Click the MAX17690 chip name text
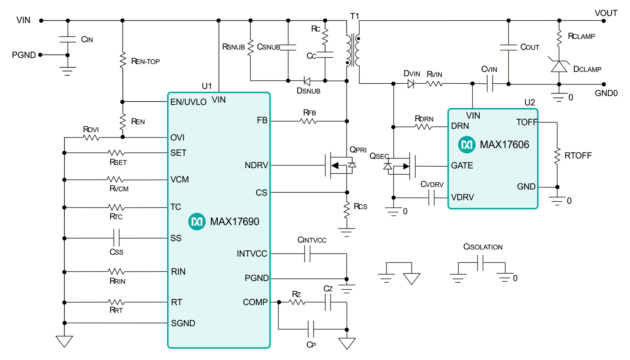point(234,222)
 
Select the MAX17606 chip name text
point(504,144)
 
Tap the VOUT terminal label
point(606,13)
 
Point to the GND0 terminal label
point(606,93)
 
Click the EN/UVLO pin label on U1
point(188,102)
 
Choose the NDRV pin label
point(256,165)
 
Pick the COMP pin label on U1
point(255,302)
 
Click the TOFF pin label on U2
point(527,122)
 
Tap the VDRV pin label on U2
point(462,197)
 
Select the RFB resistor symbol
point(308,121)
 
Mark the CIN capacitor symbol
point(68,39)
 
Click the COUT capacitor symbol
point(508,47)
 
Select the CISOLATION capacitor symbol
point(480,263)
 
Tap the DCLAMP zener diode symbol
point(559,66)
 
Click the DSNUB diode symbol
point(307,81)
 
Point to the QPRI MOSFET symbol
point(340,165)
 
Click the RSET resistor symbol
point(116,153)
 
